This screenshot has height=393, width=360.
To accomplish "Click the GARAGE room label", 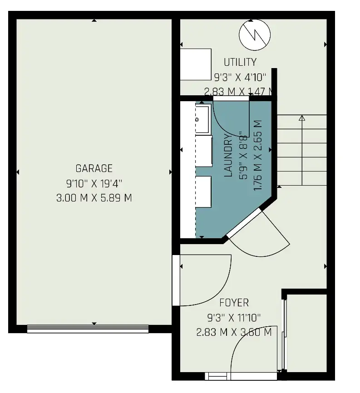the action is coord(94,168).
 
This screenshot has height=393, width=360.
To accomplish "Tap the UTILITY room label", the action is coord(240,62).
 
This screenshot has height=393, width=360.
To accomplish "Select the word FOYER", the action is coord(234,303).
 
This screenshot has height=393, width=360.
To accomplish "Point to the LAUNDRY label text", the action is coord(228,155).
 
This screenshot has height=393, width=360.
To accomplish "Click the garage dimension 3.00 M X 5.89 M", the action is coord(94,198).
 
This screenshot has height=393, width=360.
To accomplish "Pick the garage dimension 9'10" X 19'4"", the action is coord(94,184).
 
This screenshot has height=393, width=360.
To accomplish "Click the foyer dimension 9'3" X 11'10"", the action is coord(234,318).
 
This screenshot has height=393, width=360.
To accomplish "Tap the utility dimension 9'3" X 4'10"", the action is coord(240,77).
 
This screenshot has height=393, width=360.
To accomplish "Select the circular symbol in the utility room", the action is coord(255,35).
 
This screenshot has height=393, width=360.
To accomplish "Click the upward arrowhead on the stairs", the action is coord(302,118).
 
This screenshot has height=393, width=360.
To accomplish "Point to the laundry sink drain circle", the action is coord(197,120).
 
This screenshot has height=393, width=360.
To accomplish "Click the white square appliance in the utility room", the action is coord(196,64).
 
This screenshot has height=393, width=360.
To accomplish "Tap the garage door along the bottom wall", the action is coord(88,329).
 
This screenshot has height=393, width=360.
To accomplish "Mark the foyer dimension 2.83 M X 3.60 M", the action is coord(234,332).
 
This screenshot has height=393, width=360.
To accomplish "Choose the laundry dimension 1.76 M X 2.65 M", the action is coord(258,155).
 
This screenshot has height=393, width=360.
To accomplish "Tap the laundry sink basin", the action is coord(202,119).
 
